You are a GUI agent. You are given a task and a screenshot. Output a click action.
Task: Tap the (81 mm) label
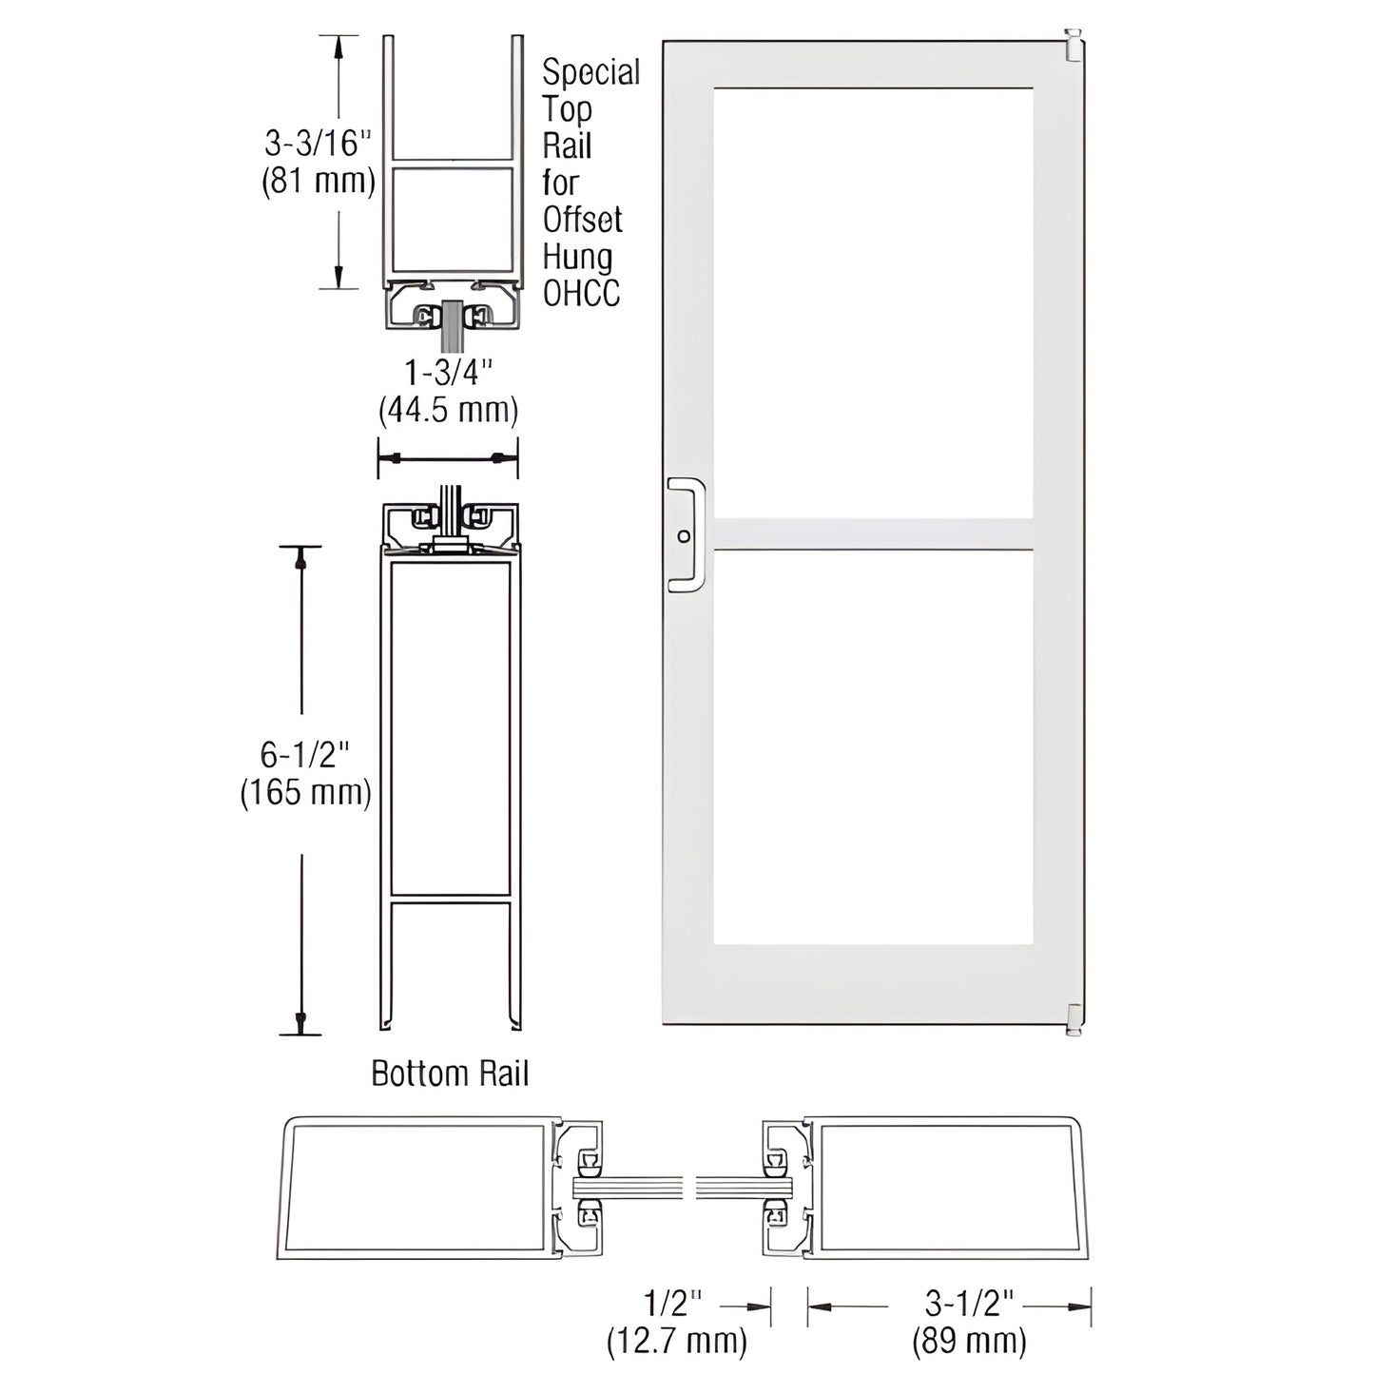(318, 180)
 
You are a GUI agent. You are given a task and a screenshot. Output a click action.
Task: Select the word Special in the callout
(590, 72)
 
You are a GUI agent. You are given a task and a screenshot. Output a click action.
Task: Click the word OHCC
(581, 294)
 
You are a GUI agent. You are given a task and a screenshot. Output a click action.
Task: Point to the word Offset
(582, 220)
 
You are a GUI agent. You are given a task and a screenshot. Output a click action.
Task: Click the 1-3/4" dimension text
(448, 373)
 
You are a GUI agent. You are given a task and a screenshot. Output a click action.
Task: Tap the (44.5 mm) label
(448, 411)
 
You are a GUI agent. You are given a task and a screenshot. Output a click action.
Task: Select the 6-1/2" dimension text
(304, 755)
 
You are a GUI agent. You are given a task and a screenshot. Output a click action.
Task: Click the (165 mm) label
(304, 792)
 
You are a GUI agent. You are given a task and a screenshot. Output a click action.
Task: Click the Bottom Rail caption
(449, 1074)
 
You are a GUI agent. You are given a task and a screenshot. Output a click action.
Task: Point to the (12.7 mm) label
(677, 1341)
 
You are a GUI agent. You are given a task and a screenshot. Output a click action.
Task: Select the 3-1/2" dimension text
(969, 1303)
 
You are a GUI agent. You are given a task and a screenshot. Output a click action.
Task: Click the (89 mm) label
(969, 1341)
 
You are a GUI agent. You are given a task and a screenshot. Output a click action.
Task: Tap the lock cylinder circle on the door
(684, 536)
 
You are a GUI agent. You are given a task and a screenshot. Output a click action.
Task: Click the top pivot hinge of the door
(1074, 46)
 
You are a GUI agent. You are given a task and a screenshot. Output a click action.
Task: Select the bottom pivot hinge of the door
(1074, 1019)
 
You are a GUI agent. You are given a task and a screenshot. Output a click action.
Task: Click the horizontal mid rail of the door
(872, 533)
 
